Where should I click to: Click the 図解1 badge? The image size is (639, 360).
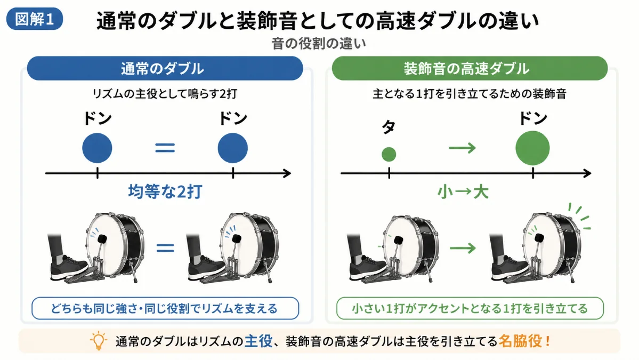coord(35,19)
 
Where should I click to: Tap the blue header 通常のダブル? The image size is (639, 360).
coord(165,68)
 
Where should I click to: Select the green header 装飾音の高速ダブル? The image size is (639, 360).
coord(470,68)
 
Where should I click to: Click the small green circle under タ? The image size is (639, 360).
coord(389,154)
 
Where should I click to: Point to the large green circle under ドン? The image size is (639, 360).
coord(532,148)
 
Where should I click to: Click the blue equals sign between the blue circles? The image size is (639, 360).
coord(165,147)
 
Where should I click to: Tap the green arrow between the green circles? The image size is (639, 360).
coord(463,147)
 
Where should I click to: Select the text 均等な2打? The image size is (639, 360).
coord(165,191)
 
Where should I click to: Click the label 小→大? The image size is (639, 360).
coord(463,191)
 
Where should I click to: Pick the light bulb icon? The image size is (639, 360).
coord(98,341)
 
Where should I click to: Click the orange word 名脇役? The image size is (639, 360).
coord(520,341)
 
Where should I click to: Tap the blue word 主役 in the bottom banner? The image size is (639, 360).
coord(258,341)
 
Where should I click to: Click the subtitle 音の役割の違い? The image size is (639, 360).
coord(319,43)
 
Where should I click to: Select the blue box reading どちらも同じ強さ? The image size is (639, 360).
coord(165,308)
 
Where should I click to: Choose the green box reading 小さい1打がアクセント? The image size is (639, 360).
coord(470,308)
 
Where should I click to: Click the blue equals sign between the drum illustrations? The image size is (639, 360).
coord(165,247)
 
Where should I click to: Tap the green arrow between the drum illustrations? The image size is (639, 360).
coord(463,248)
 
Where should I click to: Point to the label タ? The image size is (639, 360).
coord(389,127)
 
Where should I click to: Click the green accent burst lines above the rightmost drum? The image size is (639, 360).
coord(580,215)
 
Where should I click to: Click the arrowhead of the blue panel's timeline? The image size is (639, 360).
coord(288,173)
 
